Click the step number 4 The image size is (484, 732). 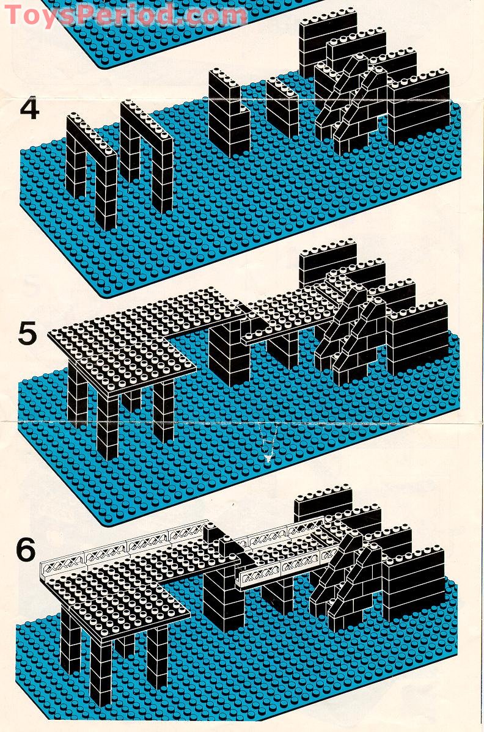pyautogui.click(x=29, y=108)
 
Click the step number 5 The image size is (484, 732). pyautogui.click(x=28, y=334)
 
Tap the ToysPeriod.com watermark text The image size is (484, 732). pyautogui.click(x=125, y=14)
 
